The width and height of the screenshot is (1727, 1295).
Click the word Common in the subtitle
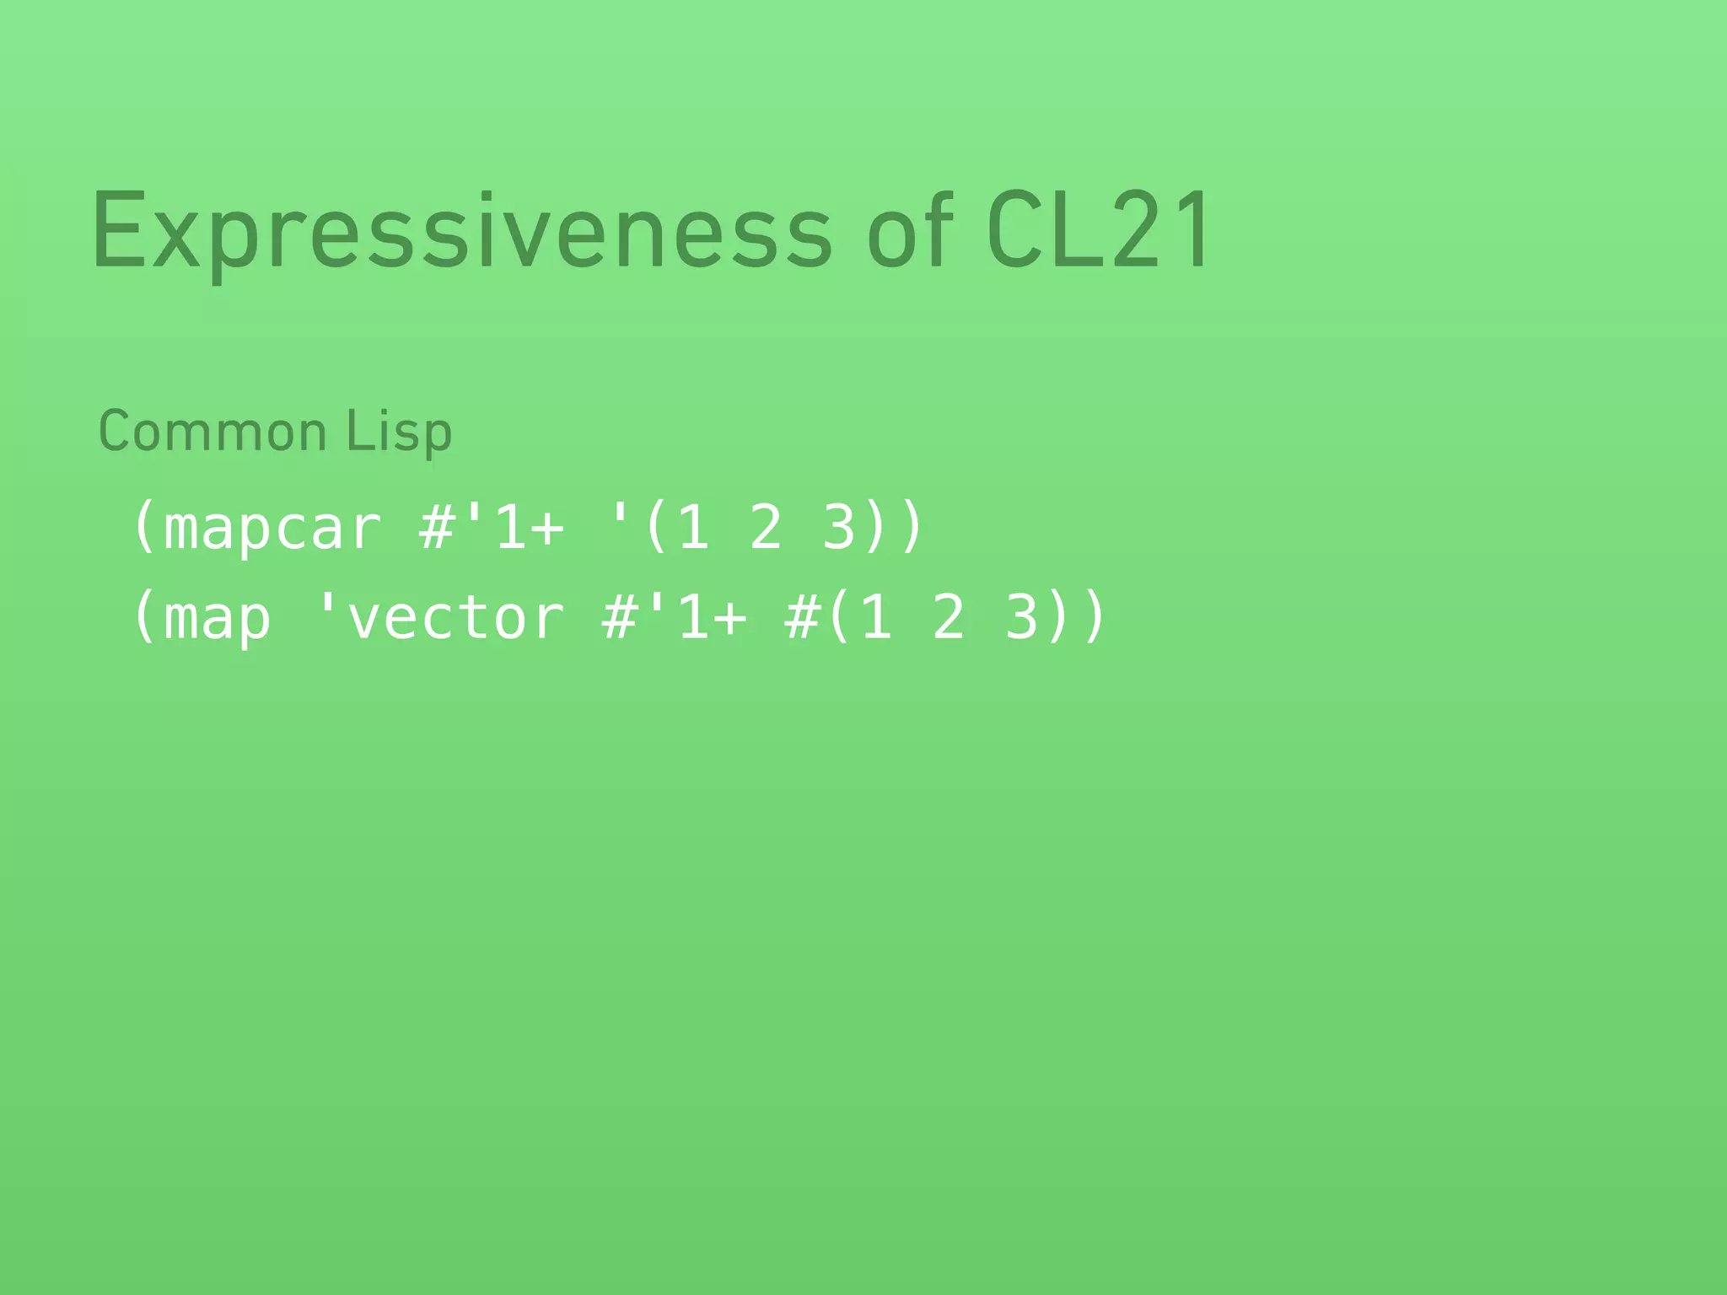coord(213,432)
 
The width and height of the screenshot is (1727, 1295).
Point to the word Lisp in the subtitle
coord(399,432)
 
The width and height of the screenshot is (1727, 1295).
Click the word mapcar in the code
coord(272,529)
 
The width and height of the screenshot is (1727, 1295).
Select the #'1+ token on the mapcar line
coord(492,529)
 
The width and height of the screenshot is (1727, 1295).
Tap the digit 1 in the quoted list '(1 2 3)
coord(692,529)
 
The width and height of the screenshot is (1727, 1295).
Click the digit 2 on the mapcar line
coord(766,529)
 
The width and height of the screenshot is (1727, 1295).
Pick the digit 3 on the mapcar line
coord(839,529)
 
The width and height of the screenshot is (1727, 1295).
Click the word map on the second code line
coord(218,618)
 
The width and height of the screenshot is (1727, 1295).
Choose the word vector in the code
coord(455,618)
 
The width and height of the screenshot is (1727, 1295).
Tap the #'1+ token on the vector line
coord(675,618)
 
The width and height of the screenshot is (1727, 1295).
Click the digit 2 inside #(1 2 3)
coord(949,618)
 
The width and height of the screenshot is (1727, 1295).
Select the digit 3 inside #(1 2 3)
coord(1022,618)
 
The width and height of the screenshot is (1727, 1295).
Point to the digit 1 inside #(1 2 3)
coord(876,618)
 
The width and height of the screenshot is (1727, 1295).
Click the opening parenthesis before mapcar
coord(144,529)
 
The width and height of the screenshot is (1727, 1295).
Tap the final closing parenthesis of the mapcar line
coord(912,529)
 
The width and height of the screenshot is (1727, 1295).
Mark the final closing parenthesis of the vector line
coord(1095,618)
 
